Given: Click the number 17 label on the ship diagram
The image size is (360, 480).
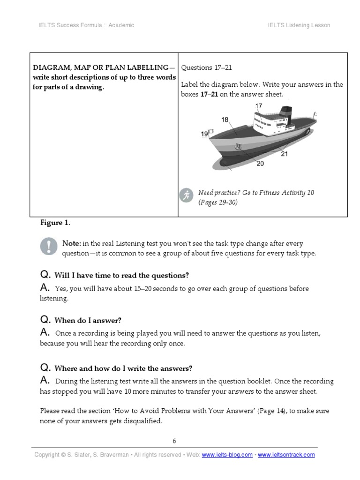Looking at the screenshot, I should coord(259,106).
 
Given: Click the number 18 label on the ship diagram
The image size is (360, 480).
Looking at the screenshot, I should coord(225,120).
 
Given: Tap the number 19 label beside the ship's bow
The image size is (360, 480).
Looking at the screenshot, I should coord(204,134).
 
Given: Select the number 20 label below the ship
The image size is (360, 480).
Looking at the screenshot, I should coord(260,163).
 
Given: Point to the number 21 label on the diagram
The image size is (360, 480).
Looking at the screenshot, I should coord(285,154).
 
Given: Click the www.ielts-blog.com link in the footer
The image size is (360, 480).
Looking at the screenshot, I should coord(227,455).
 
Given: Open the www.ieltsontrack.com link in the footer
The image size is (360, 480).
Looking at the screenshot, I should coord(286,455).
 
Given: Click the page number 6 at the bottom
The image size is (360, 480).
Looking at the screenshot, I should coord(174,441).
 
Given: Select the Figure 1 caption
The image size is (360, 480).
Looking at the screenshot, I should coord(55,223).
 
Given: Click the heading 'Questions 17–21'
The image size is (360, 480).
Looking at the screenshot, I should coord(206,67).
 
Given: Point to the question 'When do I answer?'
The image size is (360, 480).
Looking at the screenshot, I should coord(88,321).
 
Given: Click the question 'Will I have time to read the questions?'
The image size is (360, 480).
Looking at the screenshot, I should coord(121,275).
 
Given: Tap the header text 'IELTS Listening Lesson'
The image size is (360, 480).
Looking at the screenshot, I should coord(299,25).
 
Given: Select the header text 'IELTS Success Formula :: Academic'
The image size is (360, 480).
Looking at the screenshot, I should coord(86,25).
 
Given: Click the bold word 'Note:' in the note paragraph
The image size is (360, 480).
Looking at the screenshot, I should coord(72,244).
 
